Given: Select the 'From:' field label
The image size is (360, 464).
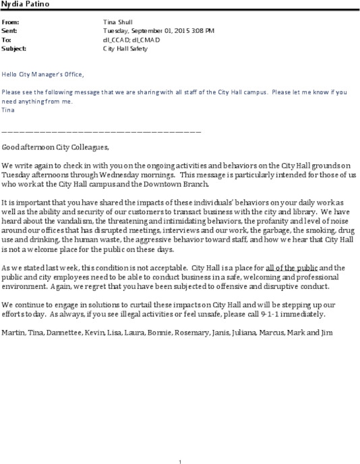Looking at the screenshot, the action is click(x=11, y=22).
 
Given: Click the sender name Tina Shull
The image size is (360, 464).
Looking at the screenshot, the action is click(x=117, y=22).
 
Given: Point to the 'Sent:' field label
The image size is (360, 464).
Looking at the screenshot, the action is click(x=11, y=31).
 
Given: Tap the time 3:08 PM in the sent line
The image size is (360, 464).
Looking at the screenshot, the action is click(x=201, y=31).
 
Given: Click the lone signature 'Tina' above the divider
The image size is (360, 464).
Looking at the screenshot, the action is click(x=7, y=109).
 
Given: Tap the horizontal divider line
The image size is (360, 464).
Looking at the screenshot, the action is click(x=101, y=131).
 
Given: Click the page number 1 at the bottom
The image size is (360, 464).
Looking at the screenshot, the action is click(x=180, y=443).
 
